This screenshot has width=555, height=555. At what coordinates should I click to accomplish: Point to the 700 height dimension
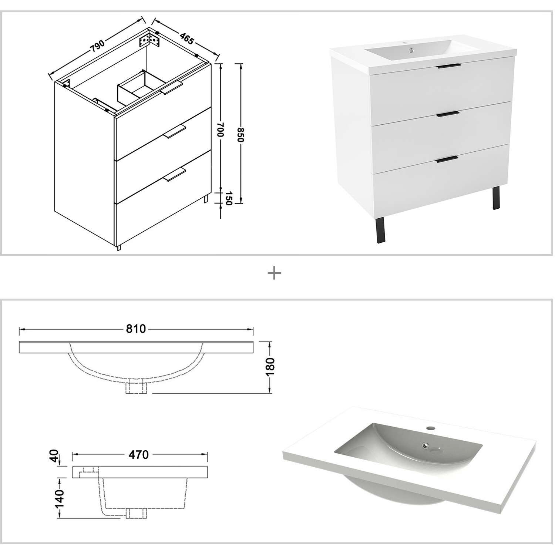pyautogui.click(x=221, y=130)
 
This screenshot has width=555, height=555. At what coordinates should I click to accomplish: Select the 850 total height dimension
pyautogui.click(x=241, y=135)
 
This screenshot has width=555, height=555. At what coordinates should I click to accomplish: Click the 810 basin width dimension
pyautogui.click(x=136, y=329)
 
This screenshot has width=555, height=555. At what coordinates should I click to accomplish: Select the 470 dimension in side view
pyautogui.click(x=138, y=454)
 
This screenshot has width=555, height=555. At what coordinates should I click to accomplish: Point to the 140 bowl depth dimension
pyautogui.click(x=59, y=498)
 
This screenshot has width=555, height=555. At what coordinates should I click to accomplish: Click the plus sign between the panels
pyautogui.click(x=274, y=274)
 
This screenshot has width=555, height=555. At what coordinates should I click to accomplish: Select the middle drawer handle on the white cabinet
pyautogui.click(x=448, y=114)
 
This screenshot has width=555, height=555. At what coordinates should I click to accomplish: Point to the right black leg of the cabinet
pyautogui.click(x=496, y=198)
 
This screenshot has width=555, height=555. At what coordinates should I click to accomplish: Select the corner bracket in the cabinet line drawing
pyautogui.click(x=149, y=40)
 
